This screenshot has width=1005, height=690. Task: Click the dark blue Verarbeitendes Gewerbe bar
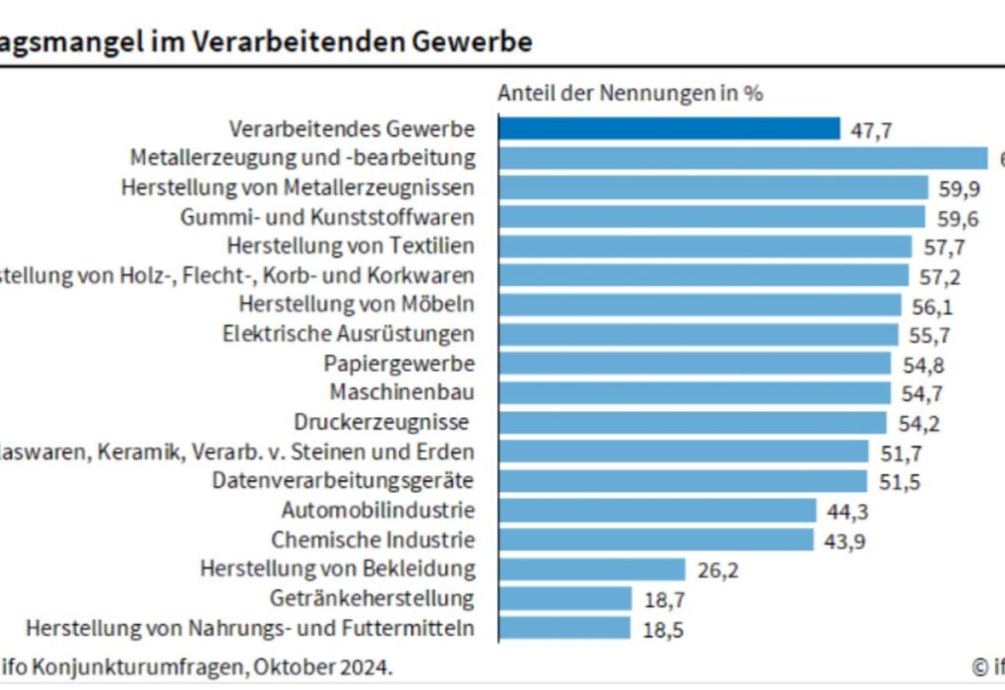click(669, 129)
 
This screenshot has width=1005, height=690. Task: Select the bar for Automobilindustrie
click(657, 511)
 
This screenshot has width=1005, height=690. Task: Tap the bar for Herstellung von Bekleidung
click(591, 569)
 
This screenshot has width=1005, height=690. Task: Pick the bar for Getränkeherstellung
click(565, 598)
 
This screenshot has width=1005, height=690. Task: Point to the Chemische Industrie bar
click(655, 540)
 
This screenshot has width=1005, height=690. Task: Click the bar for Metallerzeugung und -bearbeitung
click(743, 158)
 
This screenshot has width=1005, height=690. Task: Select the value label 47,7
click(870, 130)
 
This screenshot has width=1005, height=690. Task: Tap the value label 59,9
click(959, 188)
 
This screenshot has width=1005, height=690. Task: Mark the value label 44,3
click(847, 512)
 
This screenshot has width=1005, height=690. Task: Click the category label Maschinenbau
click(402, 393)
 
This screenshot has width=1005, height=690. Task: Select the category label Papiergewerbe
click(399, 364)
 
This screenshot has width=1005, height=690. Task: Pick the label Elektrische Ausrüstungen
click(349, 334)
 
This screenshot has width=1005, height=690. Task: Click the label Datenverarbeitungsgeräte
click(344, 481)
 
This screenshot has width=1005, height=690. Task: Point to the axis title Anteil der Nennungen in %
click(630, 94)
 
